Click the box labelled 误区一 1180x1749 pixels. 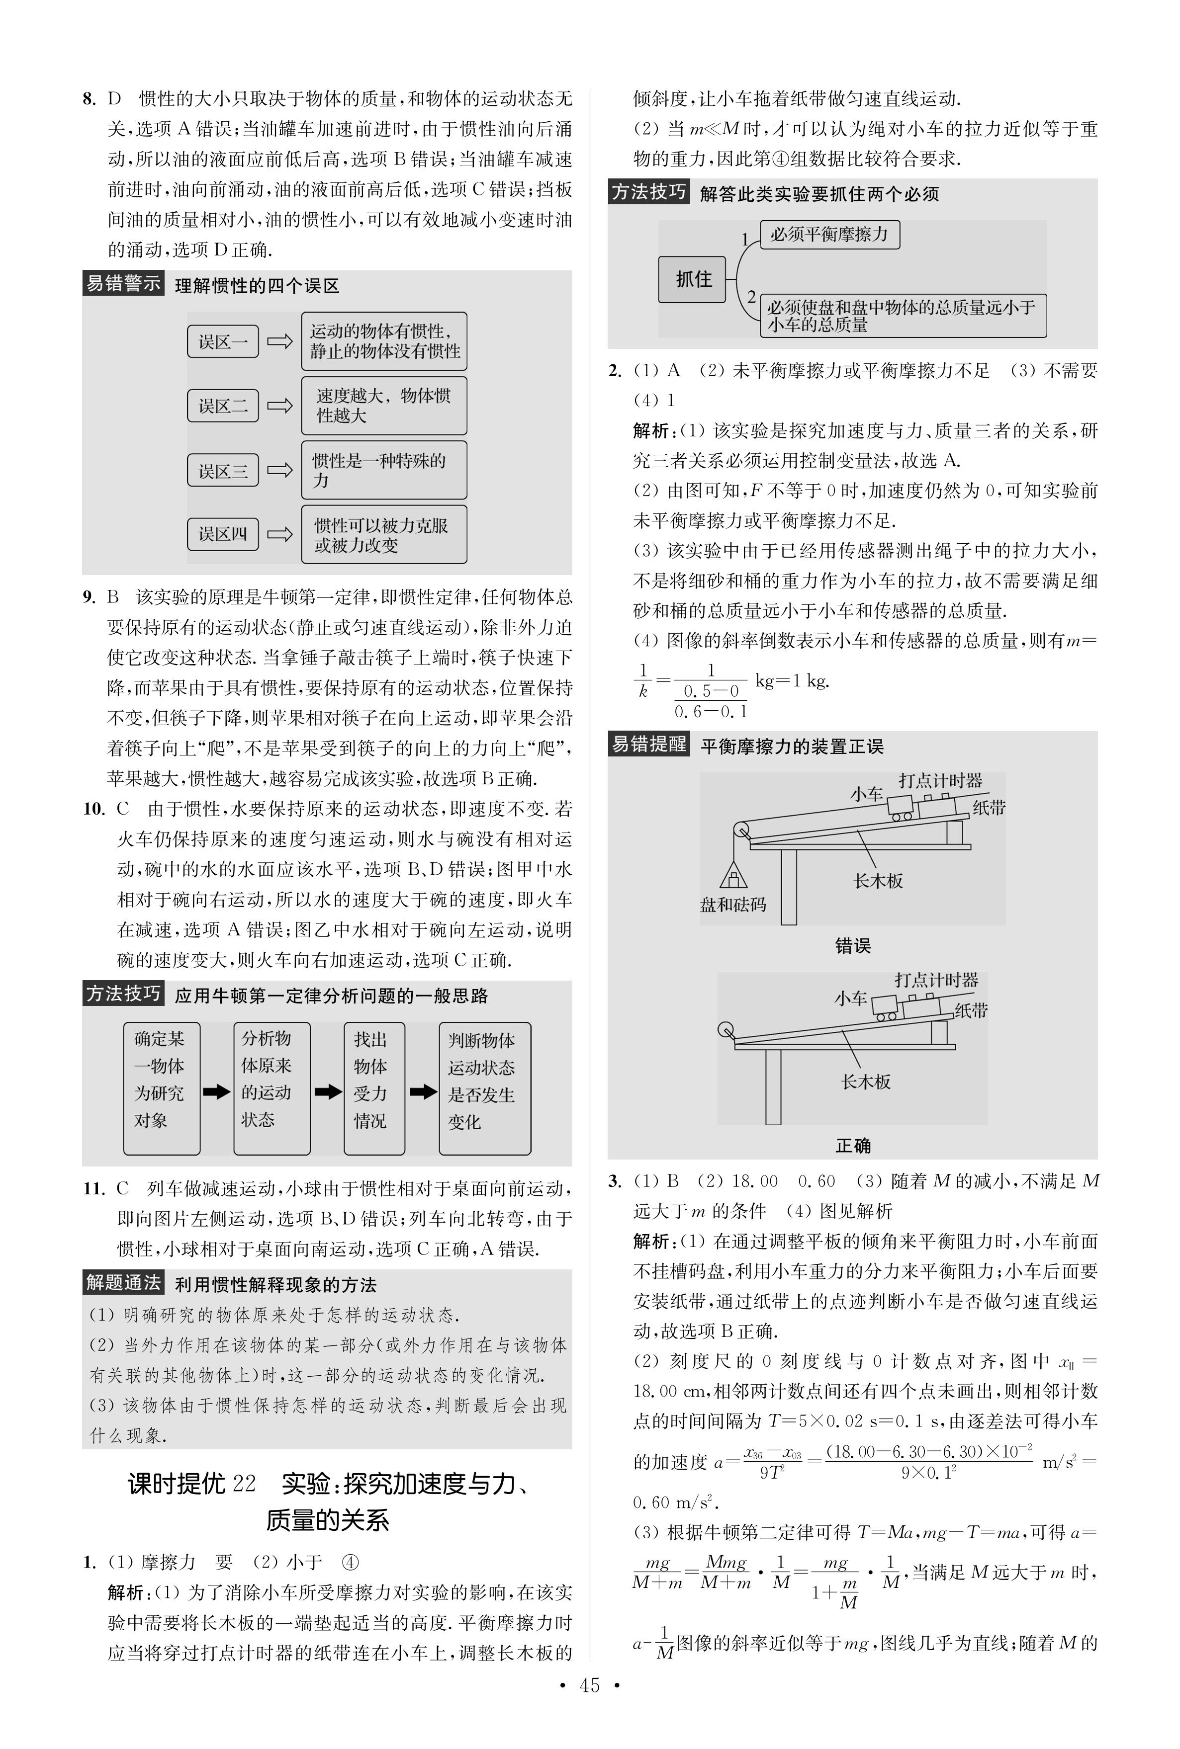(223, 341)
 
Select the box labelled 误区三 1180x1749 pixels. (223, 471)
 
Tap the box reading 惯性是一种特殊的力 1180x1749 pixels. (384, 470)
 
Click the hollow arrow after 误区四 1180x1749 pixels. (280, 534)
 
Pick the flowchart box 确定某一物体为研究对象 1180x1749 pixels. (161, 1088)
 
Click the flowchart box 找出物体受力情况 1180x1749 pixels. (374, 1088)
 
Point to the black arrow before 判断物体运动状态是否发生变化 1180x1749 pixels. (423, 1091)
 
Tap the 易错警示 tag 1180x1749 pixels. (123, 284)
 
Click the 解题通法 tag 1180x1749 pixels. (123, 1283)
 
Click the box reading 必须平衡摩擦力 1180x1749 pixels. (829, 235)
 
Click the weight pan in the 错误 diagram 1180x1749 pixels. (733, 876)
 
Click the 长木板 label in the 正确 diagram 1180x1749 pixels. (865, 1082)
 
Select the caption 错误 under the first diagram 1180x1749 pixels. (853, 946)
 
